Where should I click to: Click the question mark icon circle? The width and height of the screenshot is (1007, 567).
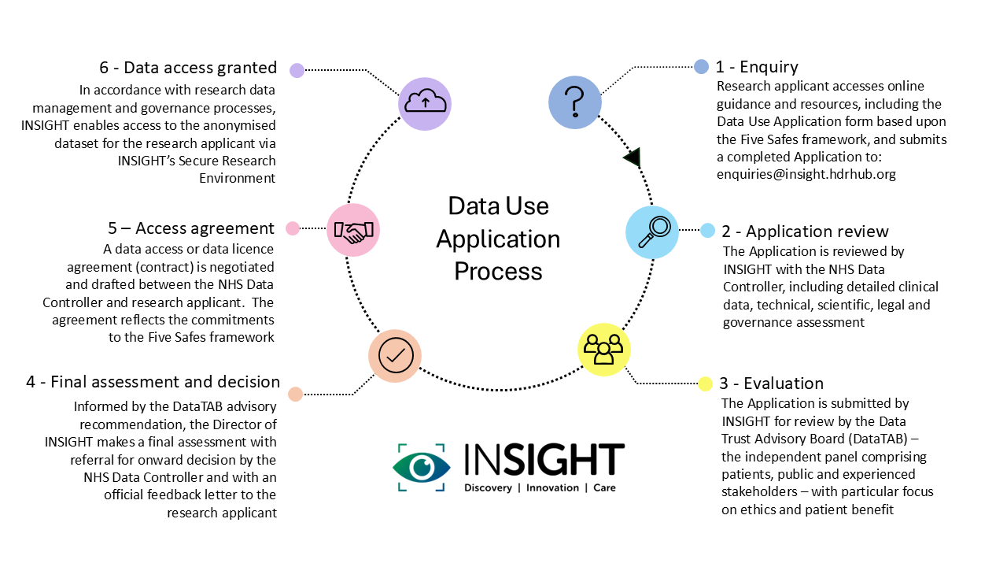click(575, 102)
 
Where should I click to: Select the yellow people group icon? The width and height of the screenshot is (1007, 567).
click(604, 349)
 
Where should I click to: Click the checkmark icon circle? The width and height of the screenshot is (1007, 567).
click(395, 356)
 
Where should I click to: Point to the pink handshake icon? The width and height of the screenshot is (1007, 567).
click(353, 230)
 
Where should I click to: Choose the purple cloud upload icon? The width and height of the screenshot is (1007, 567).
click(425, 102)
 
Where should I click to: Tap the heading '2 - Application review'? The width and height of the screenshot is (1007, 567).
click(805, 232)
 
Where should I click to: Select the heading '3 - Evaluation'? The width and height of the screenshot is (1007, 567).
click(771, 384)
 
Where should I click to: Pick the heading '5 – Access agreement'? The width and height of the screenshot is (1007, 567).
click(191, 228)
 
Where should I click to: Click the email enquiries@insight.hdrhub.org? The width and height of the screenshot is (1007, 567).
click(806, 175)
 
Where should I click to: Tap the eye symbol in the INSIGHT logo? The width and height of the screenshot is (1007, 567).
click(422, 467)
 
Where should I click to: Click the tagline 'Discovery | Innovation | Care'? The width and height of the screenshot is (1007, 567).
click(540, 488)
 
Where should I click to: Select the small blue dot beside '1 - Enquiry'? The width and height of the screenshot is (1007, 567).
click(701, 67)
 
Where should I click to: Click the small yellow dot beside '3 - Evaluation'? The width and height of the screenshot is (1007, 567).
click(705, 384)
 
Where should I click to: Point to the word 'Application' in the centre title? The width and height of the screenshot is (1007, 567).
click(498, 239)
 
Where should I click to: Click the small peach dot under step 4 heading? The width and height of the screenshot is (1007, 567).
click(295, 395)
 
